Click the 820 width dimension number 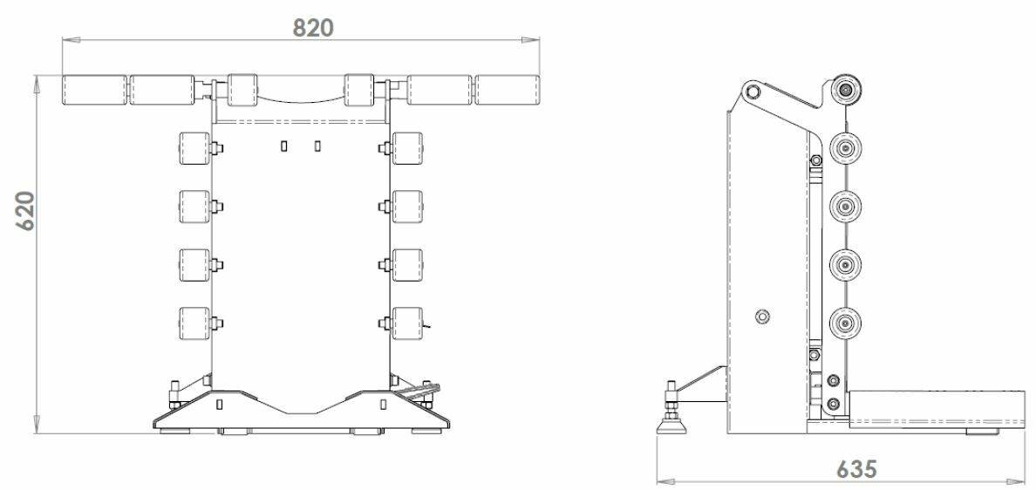pyautogui.click(x=314, y=28)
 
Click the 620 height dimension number pyautogui.click(x=25, y=211)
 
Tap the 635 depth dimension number pyautogui.click(x=857, y=469)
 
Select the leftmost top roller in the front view pyautogui.click(x=94, y=91)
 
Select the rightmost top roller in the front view pyautogui.click(x=508, y=91)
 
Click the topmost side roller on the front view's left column pyautogui.click(x=195, y=148)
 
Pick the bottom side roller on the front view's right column pyautogui.click(x=407, y=323)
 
